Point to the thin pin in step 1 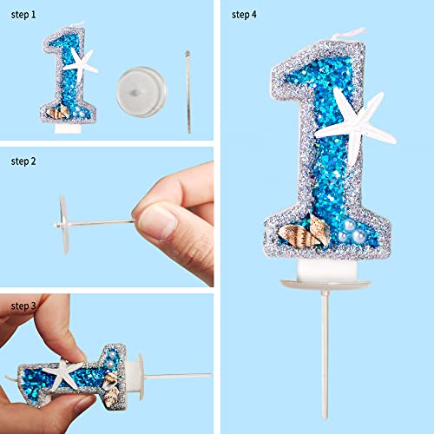[x=188, y=92]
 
